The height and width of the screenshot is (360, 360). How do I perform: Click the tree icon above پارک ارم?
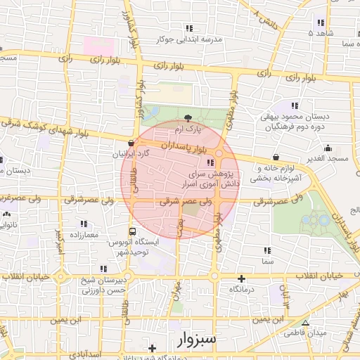pos(188,118)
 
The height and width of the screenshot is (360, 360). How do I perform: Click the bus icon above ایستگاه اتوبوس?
pos(132,231)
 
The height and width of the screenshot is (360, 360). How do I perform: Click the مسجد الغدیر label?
pos(328,160)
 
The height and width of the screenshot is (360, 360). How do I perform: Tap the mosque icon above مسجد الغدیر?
pos(328,148)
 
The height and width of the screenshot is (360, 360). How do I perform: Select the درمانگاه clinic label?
pos(242,289)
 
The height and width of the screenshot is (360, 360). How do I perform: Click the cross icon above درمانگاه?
pos(242,278)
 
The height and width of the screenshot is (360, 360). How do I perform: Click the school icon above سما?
pos(266,250)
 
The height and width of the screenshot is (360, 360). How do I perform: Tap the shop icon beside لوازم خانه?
pos(275,157)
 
